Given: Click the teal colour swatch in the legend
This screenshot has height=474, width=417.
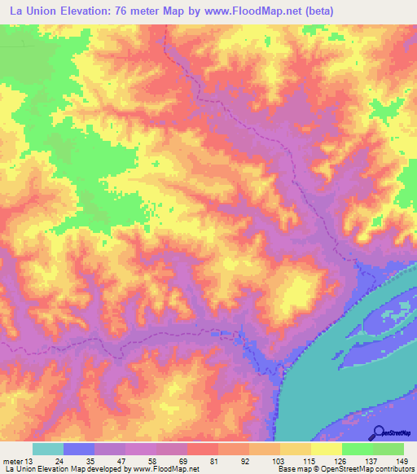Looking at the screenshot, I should click(x=48, y=448).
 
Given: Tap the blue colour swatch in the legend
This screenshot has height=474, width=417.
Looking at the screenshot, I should click(x=79, y=448).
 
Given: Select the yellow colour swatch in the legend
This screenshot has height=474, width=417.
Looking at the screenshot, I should click(x=327, y=448).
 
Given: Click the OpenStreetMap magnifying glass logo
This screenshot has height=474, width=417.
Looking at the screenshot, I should click(x=378, y=432).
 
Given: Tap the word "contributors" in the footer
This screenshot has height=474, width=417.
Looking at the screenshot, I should click(x=394, y=469).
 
